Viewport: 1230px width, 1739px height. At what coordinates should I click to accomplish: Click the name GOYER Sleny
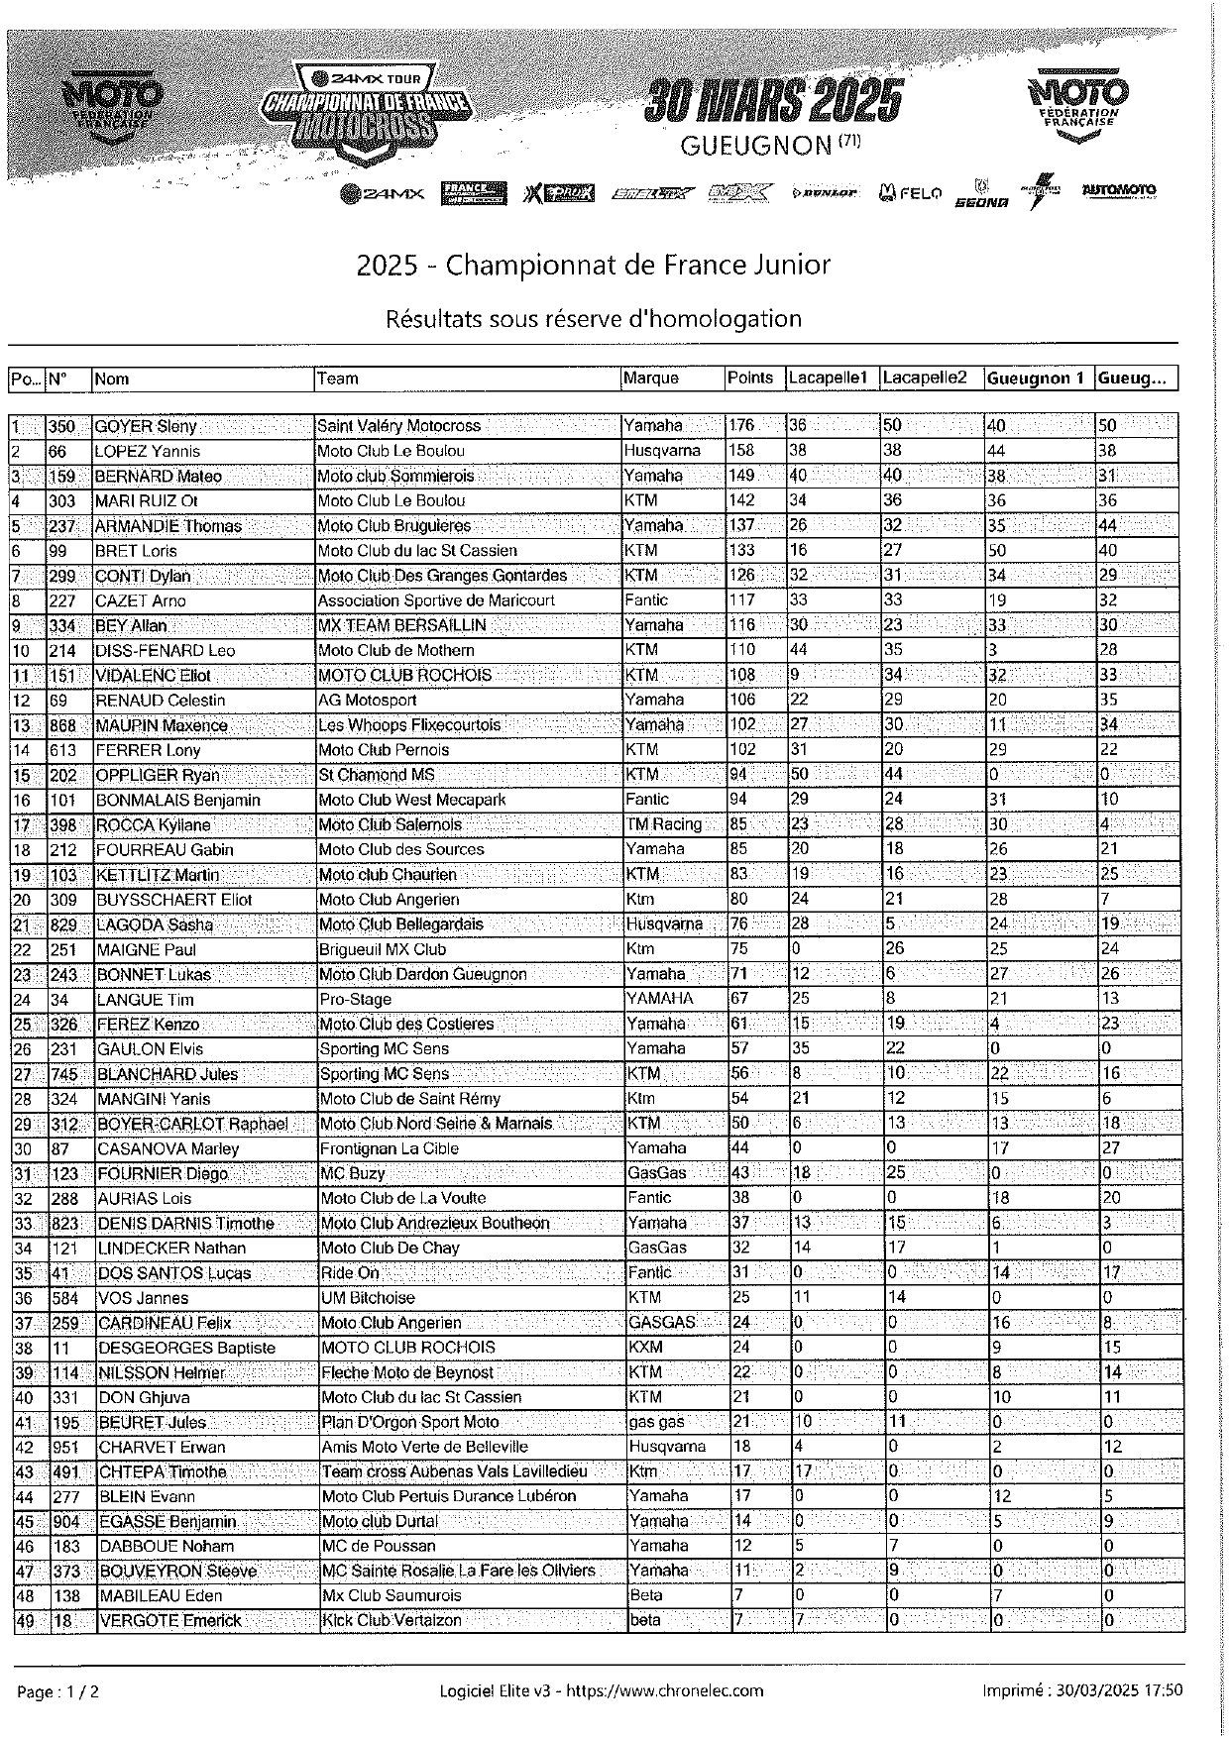tap(146, 426)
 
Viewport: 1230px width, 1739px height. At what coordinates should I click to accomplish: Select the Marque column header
tap(651, 378)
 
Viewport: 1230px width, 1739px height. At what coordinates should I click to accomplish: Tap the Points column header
tap(750, 378)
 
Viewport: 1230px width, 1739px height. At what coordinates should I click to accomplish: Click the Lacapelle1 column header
tap(828, 378)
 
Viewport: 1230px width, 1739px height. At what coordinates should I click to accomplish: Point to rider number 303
tap(62, 500)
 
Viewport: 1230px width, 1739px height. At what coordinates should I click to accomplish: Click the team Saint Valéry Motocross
tap(398, 426)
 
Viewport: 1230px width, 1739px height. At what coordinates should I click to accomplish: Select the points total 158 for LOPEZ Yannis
tap(742, 451)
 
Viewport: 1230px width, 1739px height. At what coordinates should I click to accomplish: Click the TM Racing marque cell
tap(663, 824)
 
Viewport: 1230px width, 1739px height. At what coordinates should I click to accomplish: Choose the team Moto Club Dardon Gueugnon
tap(423, 974)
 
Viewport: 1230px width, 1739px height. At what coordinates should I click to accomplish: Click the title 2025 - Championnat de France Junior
tap(593, 265)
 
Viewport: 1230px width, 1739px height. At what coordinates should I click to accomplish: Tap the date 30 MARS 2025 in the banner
tap(774, 101)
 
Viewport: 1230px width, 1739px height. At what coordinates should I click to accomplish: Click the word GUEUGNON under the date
tap(755, 146)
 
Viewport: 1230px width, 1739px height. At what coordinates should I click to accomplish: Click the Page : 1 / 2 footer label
tap(58, 1691)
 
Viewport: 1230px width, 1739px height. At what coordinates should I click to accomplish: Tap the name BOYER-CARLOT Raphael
tap(192, 1124)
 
